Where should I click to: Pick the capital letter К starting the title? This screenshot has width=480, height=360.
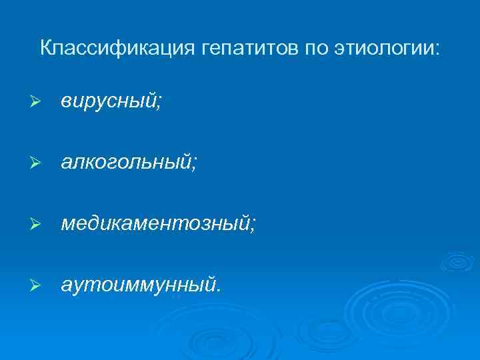tap(45, 48)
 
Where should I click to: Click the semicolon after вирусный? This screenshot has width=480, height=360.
tap(159, 104)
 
